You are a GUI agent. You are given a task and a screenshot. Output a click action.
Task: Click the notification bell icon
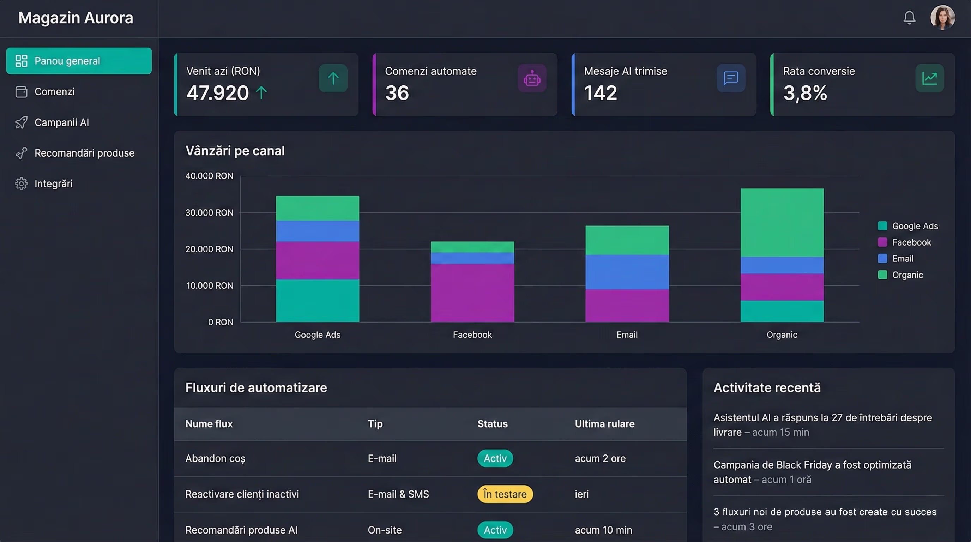point(909,17)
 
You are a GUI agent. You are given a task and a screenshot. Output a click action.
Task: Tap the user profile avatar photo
point(942,17)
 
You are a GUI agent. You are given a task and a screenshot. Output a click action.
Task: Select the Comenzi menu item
point(54,92)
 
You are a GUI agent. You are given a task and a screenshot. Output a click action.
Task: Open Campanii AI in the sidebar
point(61,122)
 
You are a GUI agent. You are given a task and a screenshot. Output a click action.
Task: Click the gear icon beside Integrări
point(21,183)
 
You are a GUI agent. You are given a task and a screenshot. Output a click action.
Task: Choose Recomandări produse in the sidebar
point(84,153)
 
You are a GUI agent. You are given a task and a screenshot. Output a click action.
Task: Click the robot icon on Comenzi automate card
point(531,78)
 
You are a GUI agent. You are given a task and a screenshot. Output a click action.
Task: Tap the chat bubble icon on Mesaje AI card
point(730,78)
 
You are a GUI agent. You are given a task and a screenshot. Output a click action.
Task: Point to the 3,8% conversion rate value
point(805,93)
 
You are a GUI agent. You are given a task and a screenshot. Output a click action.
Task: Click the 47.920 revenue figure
point(217,93)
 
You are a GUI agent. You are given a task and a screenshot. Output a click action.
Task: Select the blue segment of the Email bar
point(627,272)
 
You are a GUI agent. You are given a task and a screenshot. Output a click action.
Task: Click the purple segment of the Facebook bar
point(472,293)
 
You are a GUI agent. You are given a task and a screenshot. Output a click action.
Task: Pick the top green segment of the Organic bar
point(782,222)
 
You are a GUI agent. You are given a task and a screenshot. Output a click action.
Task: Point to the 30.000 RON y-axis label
point(209,212)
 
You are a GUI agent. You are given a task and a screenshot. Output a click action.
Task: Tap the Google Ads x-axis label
point(318,335)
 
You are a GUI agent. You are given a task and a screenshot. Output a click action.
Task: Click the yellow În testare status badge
point(505,494)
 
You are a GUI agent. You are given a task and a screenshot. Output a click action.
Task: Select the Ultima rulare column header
point(604,424)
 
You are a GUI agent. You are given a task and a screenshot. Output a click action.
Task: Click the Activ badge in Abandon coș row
point(495,458)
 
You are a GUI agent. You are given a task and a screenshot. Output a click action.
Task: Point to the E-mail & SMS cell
point(398,494)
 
